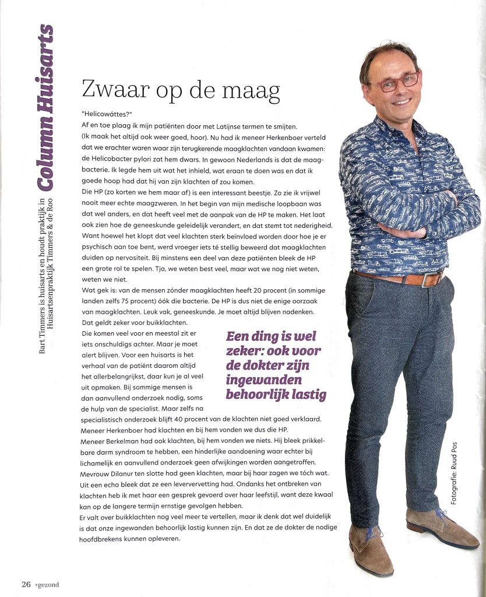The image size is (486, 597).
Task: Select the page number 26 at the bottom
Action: pyautogui.click(x=26, y=584)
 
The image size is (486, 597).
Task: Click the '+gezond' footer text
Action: pyautogui.click(x=46, y=584)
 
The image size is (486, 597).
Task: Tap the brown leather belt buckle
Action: pyautogui.click(x=431, y=279)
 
